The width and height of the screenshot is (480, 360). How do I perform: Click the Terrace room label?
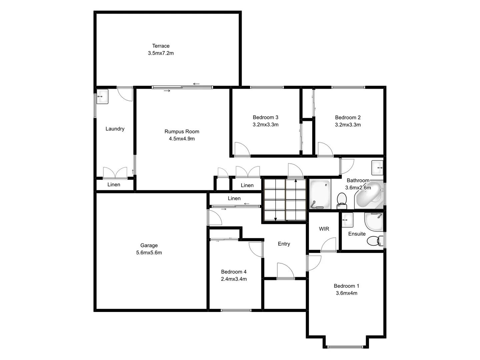click(x=161, y=46)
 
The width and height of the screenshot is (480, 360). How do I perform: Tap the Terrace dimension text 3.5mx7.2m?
click(x=161, y=53)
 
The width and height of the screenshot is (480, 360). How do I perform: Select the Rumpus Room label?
click(x=182, y=132)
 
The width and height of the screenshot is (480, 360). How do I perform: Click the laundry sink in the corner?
click(x=102, y=96)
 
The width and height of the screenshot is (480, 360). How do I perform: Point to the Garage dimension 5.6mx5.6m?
click(x=149, y=253)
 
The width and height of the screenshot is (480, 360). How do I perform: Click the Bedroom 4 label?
click(x=234, y=272)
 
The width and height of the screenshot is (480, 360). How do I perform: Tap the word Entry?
click(x=284, y=244)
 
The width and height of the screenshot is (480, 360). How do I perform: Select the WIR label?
click(x=324, y=229)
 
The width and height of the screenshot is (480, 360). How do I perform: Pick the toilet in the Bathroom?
click(x=342, y=200)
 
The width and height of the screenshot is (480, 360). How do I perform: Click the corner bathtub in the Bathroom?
click(x=369, y=195)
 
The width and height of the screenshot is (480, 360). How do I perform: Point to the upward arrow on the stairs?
click(x=296, y=182)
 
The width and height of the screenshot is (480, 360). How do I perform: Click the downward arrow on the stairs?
click(x=275, y=218)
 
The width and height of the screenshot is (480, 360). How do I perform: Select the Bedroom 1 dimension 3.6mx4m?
click(x=346, y=293)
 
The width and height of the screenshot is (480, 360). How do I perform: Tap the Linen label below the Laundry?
click(x=114, y=185)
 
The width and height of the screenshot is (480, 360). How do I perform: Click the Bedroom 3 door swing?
click(x=241, y=149)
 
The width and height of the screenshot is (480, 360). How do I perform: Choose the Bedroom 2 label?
click(x=348, y=118)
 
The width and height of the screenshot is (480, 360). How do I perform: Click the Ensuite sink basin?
click(x=347, y=220)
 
